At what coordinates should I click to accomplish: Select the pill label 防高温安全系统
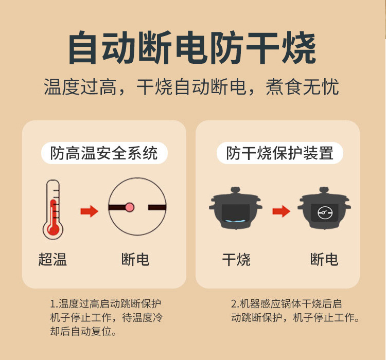[104, 153]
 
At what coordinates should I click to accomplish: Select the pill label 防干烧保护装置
[279, 153]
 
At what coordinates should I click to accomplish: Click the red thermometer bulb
[52, 228]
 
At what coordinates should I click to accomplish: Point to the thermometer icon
[52, 209]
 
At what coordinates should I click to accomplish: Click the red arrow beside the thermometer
[90, 211]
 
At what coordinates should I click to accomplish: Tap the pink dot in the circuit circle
[130, 207]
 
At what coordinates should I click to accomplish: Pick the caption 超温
[52, 259]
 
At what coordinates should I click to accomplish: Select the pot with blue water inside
[236, 209]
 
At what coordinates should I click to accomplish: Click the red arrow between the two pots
[281, 211]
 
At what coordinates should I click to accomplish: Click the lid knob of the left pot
[235, 189]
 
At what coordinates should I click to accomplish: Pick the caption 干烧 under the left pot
[236, 259]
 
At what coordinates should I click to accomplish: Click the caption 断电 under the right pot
[324, 259]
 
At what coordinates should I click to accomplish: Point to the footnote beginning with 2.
[295, 311]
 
